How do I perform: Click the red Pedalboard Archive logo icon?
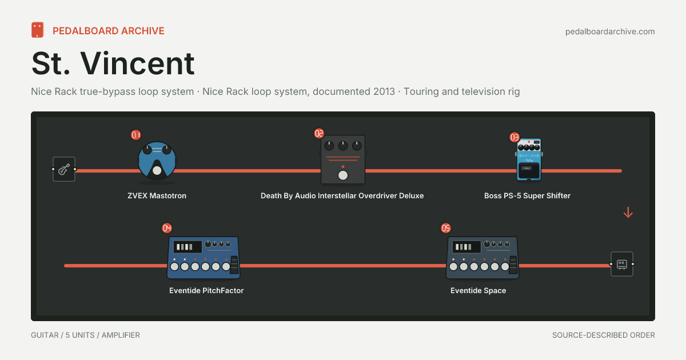point(37,30)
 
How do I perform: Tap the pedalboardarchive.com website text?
point(610,31)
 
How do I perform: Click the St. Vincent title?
point(113,63)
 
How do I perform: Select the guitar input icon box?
point(64,169)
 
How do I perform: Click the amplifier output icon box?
point(622,264)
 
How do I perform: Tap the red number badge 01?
point(135,135)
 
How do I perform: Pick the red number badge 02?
point(319,134)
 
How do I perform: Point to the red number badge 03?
point(514,137)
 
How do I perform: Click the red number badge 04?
point(167,228)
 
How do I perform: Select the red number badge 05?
point(446,228)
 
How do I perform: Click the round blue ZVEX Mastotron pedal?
point(157,161)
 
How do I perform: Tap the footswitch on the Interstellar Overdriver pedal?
point(343,175)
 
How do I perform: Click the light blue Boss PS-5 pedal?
point(529,159)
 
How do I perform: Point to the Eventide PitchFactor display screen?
point(188,247)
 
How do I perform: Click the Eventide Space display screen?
point(466,247)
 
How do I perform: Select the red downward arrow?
point(628,213)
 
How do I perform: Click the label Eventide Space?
point(478,290)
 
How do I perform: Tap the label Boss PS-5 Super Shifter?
point(527,195)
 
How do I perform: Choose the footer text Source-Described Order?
point(604,335)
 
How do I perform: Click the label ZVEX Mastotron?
point(157,195)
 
